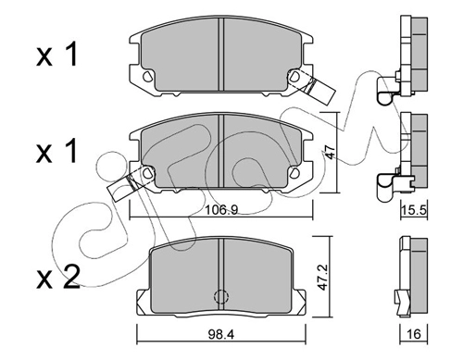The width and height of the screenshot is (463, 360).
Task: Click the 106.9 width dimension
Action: (221, 210)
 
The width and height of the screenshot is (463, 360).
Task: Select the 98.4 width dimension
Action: (221, 333)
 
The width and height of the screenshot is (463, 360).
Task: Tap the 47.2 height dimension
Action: (323, 277)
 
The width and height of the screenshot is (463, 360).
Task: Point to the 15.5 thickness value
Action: (414, 211)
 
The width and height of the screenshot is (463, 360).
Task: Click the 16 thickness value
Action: (414, 334)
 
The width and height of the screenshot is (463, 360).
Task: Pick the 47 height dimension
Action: (331, 152)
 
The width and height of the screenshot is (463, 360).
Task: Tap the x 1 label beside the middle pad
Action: (56, 150)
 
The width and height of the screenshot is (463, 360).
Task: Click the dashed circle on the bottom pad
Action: (221, 296)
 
